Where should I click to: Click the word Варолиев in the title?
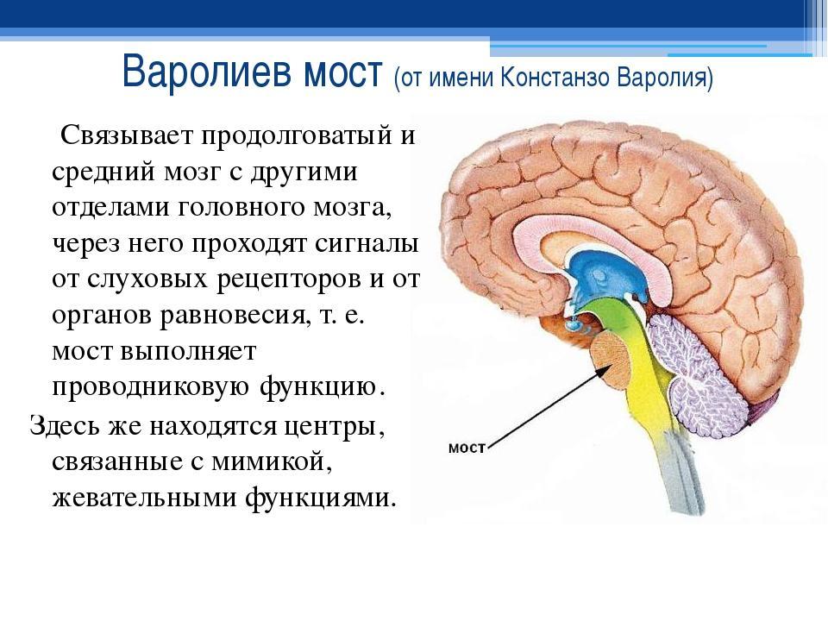click(x=207, y=72)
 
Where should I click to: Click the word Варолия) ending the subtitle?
click(x=665, y=78)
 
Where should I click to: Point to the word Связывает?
click(x=126, y=135)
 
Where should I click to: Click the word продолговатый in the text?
click(x=296, y=137)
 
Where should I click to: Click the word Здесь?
click(x=64, y=424)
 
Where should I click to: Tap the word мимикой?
click(x=272, y=461)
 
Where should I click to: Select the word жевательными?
click(x=144, y=497)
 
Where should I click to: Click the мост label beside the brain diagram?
click(x=467, y=448)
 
